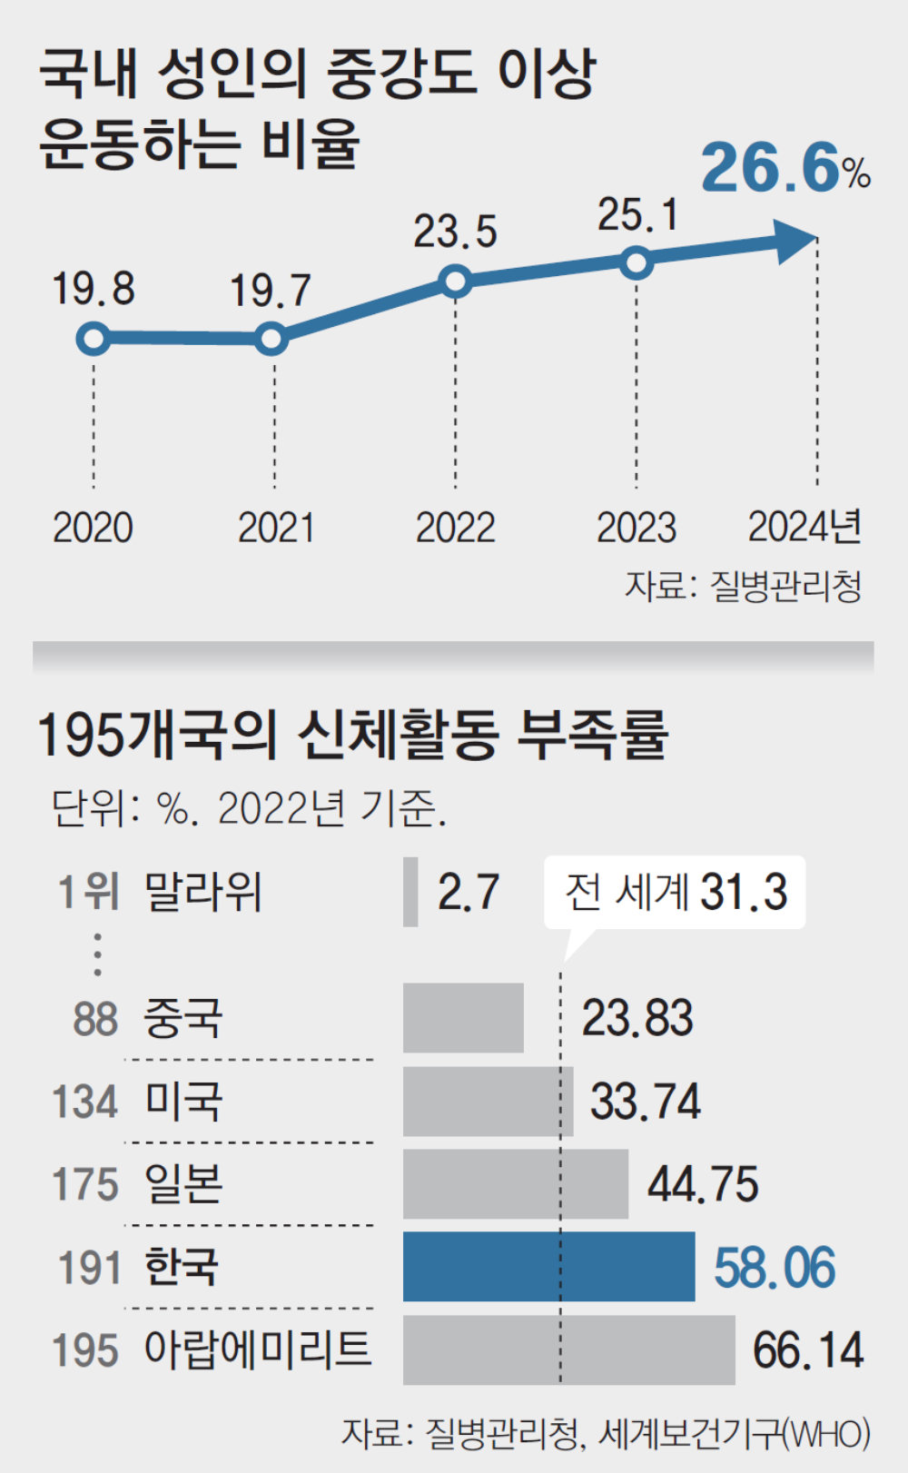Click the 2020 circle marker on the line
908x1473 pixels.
93,339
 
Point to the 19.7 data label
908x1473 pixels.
270,291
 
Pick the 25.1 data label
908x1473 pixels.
637,215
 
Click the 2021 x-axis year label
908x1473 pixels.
275,528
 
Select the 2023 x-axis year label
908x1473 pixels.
636,528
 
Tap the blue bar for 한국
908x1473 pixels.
548,1266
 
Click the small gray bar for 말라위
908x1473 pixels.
410,891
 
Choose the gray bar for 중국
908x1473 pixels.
463,1017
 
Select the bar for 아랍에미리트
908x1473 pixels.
568,1349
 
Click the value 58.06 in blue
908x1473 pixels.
774,1268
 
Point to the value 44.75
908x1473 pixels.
702,1184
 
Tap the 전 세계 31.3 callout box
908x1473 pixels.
675,892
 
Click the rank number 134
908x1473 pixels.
85,1102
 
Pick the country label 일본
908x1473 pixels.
183,1184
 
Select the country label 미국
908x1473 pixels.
183,1102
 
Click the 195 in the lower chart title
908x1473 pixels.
80,735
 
